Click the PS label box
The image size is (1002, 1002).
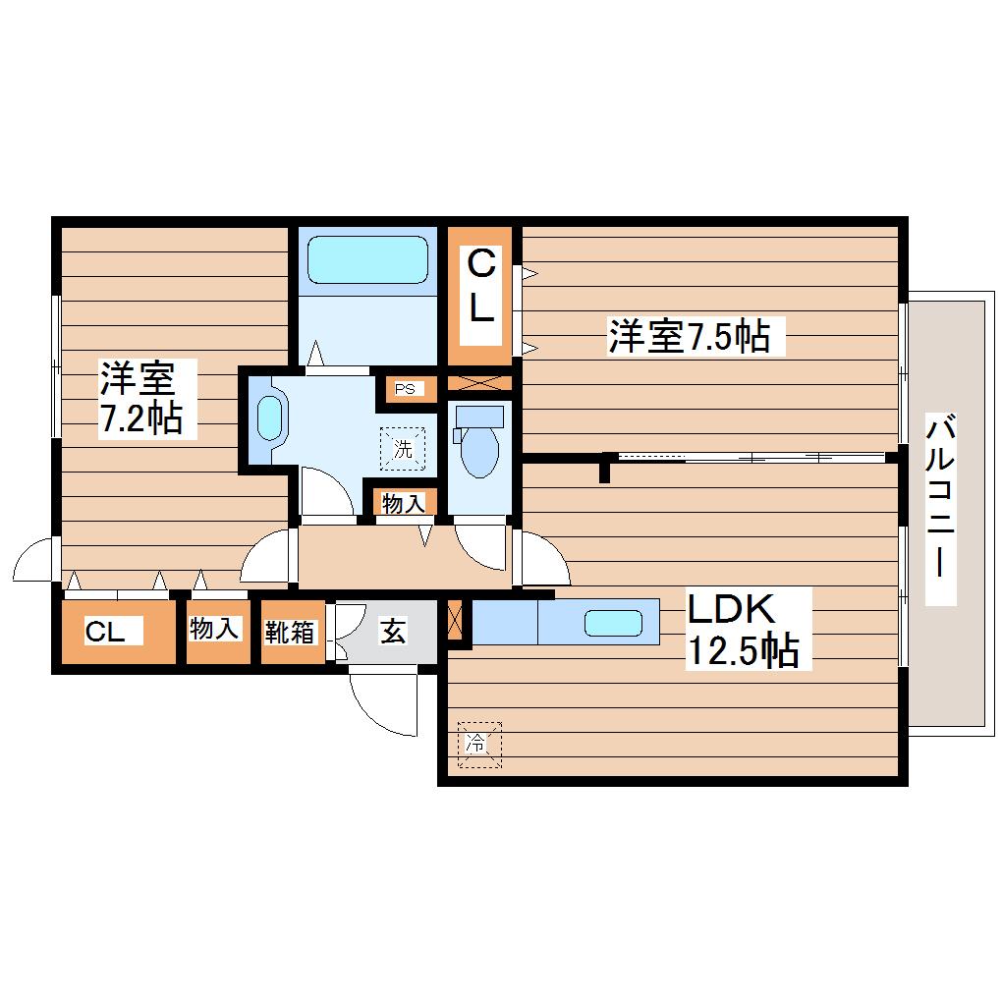click(405, 388)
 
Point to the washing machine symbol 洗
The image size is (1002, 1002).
click(404, 448)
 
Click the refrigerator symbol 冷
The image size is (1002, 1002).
click(478, 744)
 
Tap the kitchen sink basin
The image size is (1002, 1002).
click(613, 622)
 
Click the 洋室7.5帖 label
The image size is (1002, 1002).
click(689, 337)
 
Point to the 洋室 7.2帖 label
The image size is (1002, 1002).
click(139, 398)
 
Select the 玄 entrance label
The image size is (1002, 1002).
click(392, 633)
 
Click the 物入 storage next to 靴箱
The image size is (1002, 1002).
click(214, 630)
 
